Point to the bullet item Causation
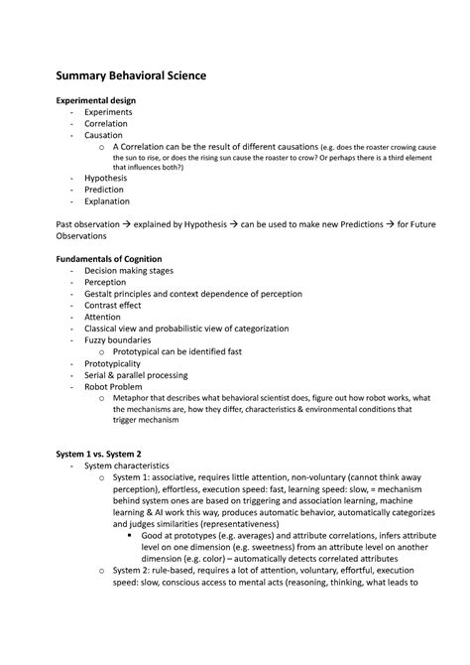click(x=104, y=135)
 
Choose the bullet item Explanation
click(x=109, y=201)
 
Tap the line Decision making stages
click(x=136, y=270)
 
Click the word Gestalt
click(x=102, y=295)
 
